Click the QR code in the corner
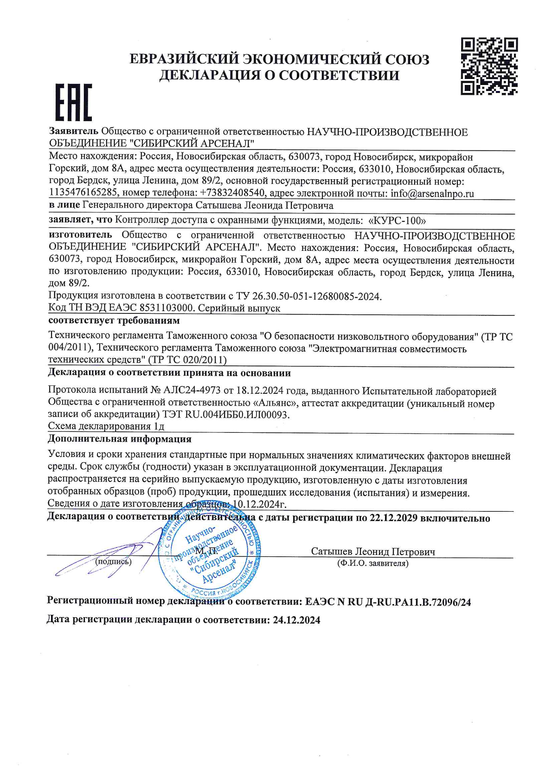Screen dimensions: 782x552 click(x=489, y=66)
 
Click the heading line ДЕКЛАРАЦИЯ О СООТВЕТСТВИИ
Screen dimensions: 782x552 click(x=279, y=75)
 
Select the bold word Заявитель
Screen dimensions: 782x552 click(x=73, y=132)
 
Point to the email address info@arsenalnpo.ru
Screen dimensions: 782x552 click(x=432, y=194)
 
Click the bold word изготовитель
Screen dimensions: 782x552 click(x=80, y=235)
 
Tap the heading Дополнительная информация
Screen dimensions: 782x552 click(x=120, y=439)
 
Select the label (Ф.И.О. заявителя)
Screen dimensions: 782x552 click(x=373, y=563)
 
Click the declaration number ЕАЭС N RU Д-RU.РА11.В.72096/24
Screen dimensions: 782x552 click(x=388, y=602)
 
